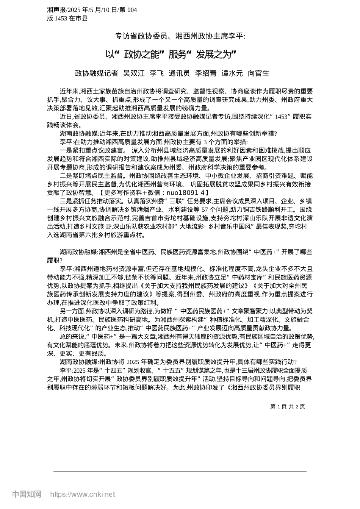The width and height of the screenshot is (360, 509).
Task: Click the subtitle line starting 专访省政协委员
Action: coord(180,36)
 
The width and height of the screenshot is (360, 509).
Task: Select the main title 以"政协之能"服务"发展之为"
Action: coord(171,55)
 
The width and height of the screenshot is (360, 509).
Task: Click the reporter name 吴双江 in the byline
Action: coord(134,73)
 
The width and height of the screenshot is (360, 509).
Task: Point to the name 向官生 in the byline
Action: coord(258,73)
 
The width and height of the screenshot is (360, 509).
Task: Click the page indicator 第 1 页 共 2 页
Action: coord(287,406)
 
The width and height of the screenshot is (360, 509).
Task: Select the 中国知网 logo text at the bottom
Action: coord(27,494)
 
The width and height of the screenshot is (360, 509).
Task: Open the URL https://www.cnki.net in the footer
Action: coord(83,494)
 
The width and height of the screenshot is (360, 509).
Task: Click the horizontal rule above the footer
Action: coord(180,472)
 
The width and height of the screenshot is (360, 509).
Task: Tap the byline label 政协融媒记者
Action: coord(96,73)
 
